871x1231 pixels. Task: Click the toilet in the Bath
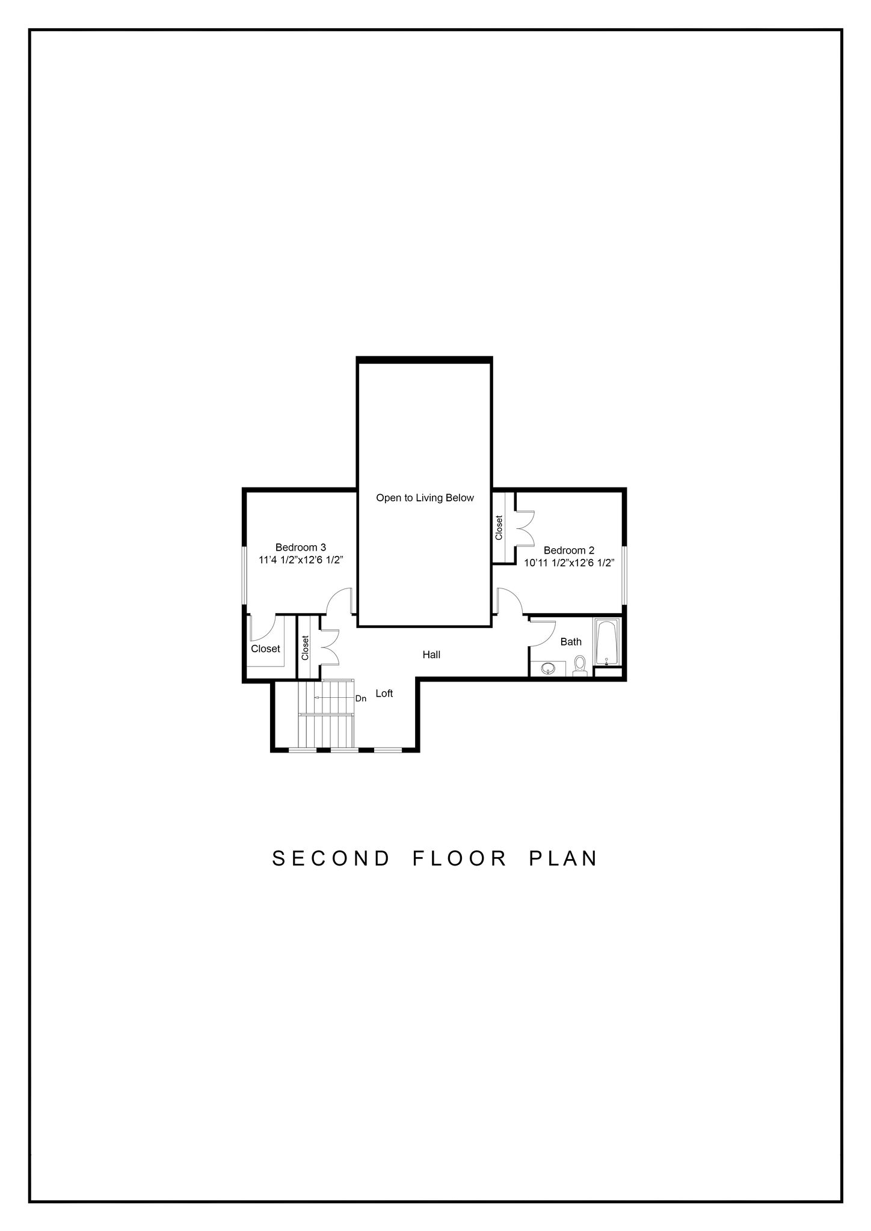click(580, 665)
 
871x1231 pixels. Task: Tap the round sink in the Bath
click(549, 668)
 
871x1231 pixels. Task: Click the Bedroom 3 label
click(301, 547)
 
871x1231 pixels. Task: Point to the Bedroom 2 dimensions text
click(568, 563)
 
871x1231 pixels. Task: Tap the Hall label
click(431, 655)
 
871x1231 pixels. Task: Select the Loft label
click(384, 693)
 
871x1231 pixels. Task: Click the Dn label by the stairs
click(361, 698)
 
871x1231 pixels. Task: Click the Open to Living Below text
click(425, 498)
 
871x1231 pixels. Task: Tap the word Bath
click(571, 641)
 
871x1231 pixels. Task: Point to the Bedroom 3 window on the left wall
click(245, 575)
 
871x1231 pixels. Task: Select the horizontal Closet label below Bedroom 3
click(265, 649)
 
